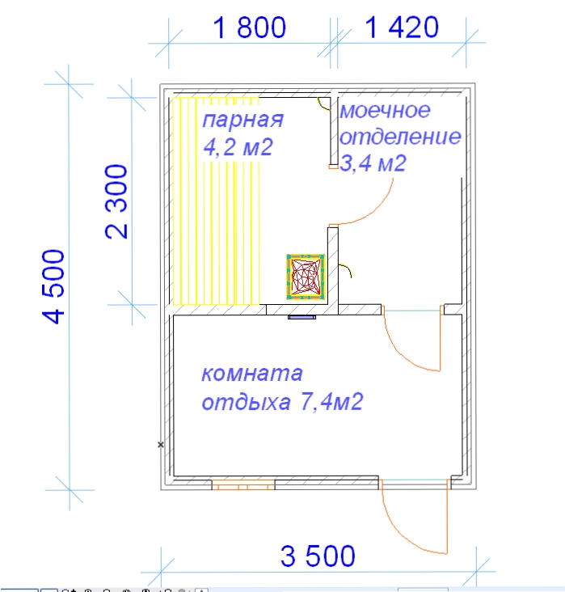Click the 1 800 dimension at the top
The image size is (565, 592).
(x=249, y=27)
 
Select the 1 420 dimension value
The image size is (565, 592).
(x=402, y=27)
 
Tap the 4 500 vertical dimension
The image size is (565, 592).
(x=53, y=286)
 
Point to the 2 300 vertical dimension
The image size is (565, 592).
(x=116, y=201)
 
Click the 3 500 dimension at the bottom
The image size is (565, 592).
(x=318, y=556)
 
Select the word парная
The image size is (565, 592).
(x=243, y=120)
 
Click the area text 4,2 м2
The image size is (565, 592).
(x=238, y=147)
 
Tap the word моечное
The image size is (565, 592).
(x=385, y=110)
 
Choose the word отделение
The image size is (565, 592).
(x=400, y=137)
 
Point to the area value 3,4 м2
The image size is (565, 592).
(x=373, y=163)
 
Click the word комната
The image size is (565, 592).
(x=252, y=374)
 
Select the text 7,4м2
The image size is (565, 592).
(x=331, y=401)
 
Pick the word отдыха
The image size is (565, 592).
(x=246, y=403)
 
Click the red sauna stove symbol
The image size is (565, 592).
(x=306, y=277)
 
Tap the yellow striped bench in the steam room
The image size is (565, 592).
(x=216, y=201)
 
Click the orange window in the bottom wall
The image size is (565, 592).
(x=243, y=484)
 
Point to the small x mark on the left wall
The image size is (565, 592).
(x=161, y=445)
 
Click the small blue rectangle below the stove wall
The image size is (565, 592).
(x=302, y=318)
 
